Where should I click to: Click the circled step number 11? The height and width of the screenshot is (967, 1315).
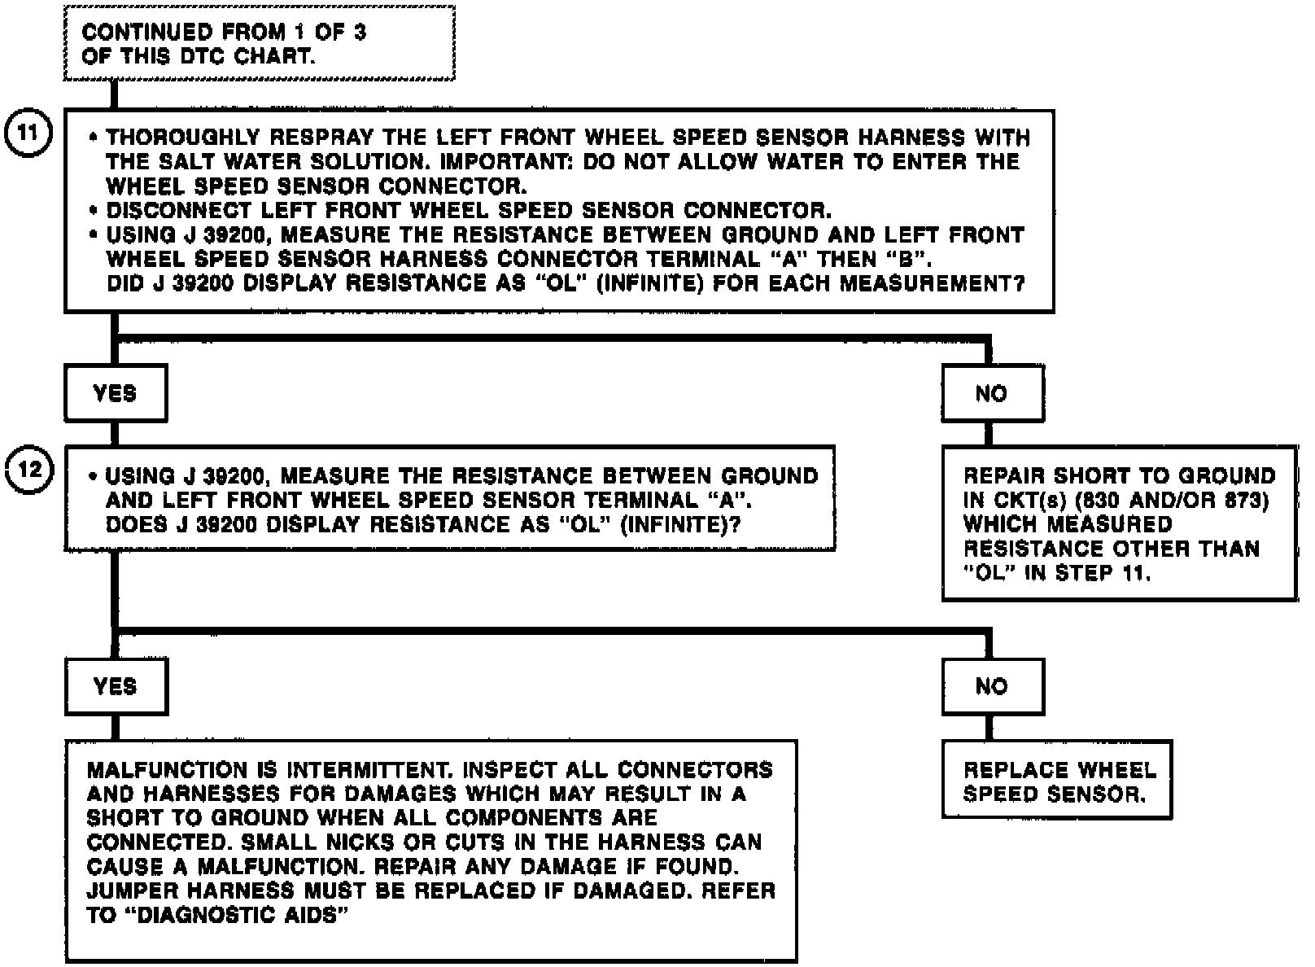[x=28, y=133]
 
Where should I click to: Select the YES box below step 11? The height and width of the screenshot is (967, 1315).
[x=116, y=394]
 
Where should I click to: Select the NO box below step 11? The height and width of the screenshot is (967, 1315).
[x=992, y=394]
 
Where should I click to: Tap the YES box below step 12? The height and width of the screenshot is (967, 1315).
[x=116, y=687]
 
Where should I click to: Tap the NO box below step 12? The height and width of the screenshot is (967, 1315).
[x=992, y=687]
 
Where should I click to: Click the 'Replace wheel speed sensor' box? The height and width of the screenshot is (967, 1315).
[x=1056, y=781]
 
